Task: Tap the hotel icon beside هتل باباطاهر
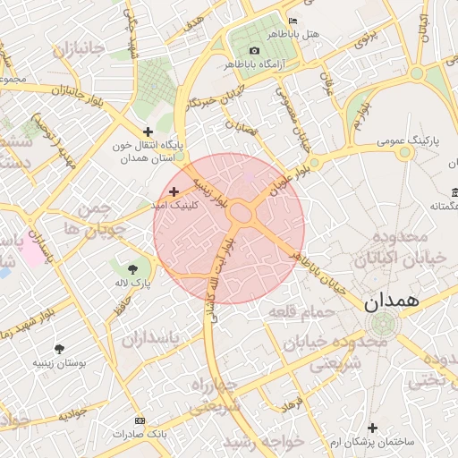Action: point(293,21)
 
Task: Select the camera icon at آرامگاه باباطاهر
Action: point(255,50)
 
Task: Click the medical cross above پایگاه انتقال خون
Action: point(148,131)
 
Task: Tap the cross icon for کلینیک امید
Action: point(174,191)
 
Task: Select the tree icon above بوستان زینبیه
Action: point(59,349)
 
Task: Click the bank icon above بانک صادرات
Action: point(139,420)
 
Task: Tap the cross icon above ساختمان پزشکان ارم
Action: point(372,428)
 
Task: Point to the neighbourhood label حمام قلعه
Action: point(301,312)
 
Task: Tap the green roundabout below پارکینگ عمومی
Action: point(404,152)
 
